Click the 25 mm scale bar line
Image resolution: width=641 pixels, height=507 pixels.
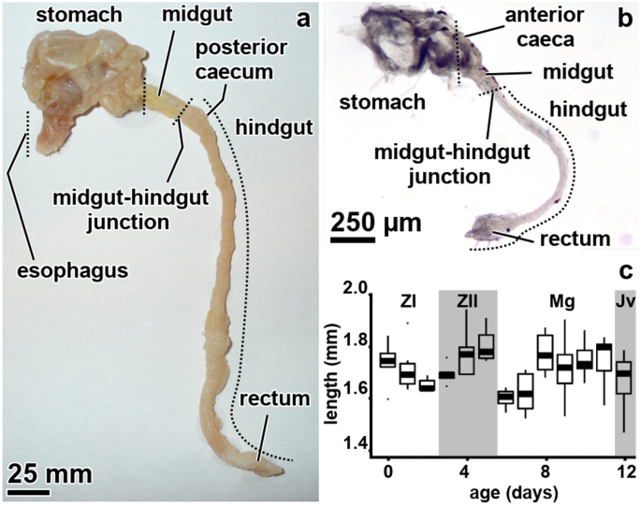(31, 489)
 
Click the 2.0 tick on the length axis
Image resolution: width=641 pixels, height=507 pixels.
(353, 289)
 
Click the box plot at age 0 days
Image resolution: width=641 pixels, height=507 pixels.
(386, 360)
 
